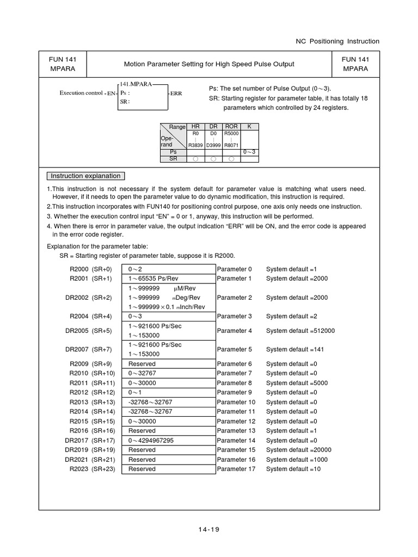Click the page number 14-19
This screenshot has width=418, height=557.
(208, 529)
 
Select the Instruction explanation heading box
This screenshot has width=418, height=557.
(85, 176)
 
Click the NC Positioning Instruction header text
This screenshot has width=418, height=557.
(337, 41)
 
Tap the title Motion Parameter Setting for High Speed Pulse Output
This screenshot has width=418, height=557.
(209, 64)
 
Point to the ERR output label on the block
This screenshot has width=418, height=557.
(176, 94)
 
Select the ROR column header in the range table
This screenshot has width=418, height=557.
(231, 126)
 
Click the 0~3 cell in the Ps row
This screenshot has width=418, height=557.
(249, 152)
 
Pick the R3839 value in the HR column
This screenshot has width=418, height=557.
(195, 145)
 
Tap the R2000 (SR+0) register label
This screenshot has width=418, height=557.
(91, 269)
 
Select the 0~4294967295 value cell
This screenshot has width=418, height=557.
(151, 441)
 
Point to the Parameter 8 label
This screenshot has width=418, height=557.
(235, 383)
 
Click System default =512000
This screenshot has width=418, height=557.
(300, 331)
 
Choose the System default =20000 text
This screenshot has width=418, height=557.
(298, 450)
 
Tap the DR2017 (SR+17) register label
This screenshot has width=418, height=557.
(90, 441)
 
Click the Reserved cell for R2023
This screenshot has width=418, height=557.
(142, 469)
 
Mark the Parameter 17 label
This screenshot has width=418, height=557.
(236, 469)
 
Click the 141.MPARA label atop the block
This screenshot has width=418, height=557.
(136, 84)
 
